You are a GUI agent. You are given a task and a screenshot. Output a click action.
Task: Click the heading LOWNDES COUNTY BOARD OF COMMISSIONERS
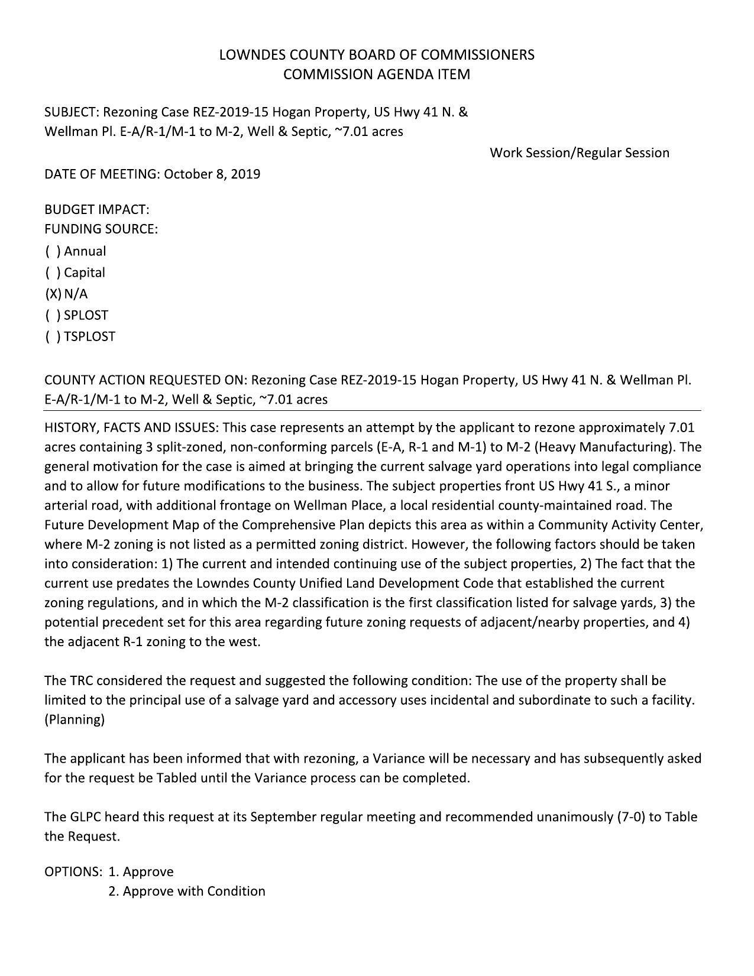(x=377, y=55)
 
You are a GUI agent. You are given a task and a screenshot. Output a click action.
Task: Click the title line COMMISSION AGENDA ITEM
(x=377, y=74)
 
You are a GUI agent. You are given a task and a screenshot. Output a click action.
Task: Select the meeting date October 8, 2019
(x=212, y=174)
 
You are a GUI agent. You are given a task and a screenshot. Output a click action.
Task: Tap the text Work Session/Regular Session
(x=579, y=153)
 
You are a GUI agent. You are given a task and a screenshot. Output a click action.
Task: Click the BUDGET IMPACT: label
(x=96, y=210)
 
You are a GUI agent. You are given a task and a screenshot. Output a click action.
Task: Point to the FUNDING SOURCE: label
(x=101, y=229)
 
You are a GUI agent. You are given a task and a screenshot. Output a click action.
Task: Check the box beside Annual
(x=53, y=251)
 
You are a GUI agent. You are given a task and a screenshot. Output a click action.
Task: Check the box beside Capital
(x=53, y=273)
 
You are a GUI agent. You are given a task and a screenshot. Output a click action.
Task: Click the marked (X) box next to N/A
(x=53, y=294)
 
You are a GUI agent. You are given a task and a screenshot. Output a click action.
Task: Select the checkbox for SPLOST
(x=53, y=316)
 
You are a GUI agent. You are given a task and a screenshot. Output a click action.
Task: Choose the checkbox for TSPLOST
(x=53, y=337)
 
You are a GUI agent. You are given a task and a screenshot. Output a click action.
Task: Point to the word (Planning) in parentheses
(x=75, y=720)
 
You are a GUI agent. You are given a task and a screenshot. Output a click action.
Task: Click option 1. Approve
(x=141, y=872)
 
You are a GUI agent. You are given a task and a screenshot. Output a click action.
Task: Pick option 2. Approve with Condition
(x=186, y=891)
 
